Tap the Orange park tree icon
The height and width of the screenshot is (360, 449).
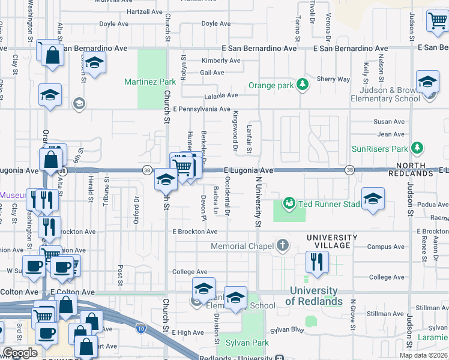click(303, 85)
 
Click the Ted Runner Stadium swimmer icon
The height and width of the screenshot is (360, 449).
click(289, 203)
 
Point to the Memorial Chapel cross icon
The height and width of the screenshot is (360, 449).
click(283, 245)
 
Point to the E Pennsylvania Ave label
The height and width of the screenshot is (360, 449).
click(202, 109)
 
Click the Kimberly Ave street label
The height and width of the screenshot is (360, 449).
click(221, 61)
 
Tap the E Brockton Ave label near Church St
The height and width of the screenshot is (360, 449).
click(194, 232)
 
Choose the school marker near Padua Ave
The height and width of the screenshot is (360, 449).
click(373, 198)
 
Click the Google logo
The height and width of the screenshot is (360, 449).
click(20, 353)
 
